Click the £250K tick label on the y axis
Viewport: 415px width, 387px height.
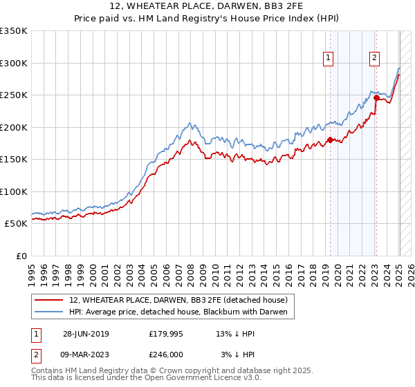coord(14,95)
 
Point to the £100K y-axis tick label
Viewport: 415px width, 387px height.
coord(14,191)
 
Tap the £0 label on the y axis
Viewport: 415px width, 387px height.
coord(21,256)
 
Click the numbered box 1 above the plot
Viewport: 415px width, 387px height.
coord(327,59)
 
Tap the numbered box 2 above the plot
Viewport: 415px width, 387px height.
coord(374,59)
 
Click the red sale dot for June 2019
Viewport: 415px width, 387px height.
coord(330,140)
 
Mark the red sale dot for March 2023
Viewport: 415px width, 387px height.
coord(376,97)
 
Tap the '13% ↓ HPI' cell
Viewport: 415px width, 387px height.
coord(235,334)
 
